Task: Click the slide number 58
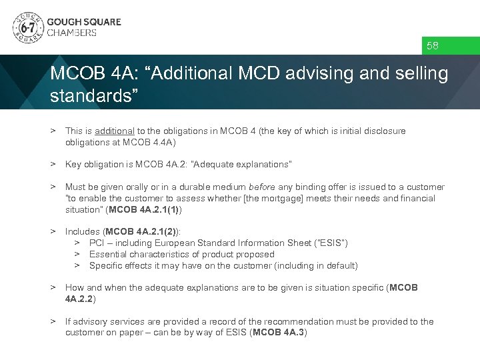[x=433, y=46]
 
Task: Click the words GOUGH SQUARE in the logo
[x=84, y=21]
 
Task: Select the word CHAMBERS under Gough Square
[x=71, y=33]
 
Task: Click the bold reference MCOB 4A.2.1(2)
[x=143, y=232]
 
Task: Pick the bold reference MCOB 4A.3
[x=278, y=333]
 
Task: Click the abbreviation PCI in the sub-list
[x=97, y=243]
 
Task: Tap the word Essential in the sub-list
[x=108, y=255]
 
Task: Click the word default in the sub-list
[x=340, y=266]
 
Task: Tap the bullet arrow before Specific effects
[x=77, y=266]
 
